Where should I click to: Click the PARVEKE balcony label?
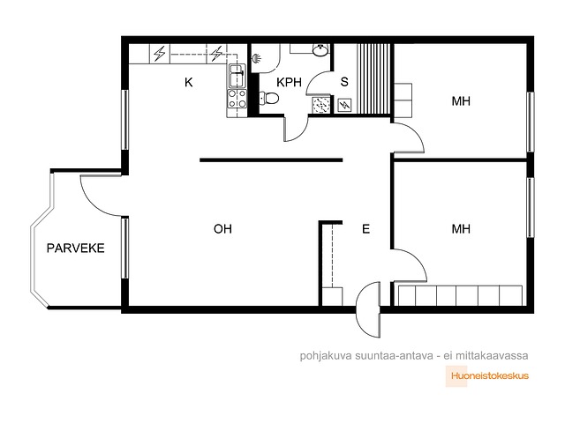click(x=76, y=249)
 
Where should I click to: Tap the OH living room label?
click(x=222, y=229)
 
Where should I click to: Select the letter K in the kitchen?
click(x=188, y=82)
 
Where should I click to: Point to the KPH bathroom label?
click(x=289, y=82)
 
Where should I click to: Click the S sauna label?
click(x=344, y=82)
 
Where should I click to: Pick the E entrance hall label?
click(x=365, y=229)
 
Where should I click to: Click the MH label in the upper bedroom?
click(x=461, y=101)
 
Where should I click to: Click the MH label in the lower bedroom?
click(x=461, y=229)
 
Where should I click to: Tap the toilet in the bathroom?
click(x=269, y=98)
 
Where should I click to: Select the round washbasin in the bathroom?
click(x=320, y=49)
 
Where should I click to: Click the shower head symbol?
click(x=256, y=58)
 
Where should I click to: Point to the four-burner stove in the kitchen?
click(x=237, y=99)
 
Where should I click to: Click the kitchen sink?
click(x=237, y=77)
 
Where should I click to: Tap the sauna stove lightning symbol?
click(x=344, y=105)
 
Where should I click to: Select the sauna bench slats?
click(x=373, y=78)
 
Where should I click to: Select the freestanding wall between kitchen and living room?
click(x=271, y=160)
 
